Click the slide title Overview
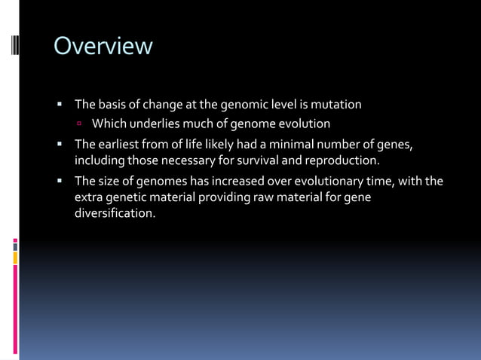[x=103, y=47]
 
